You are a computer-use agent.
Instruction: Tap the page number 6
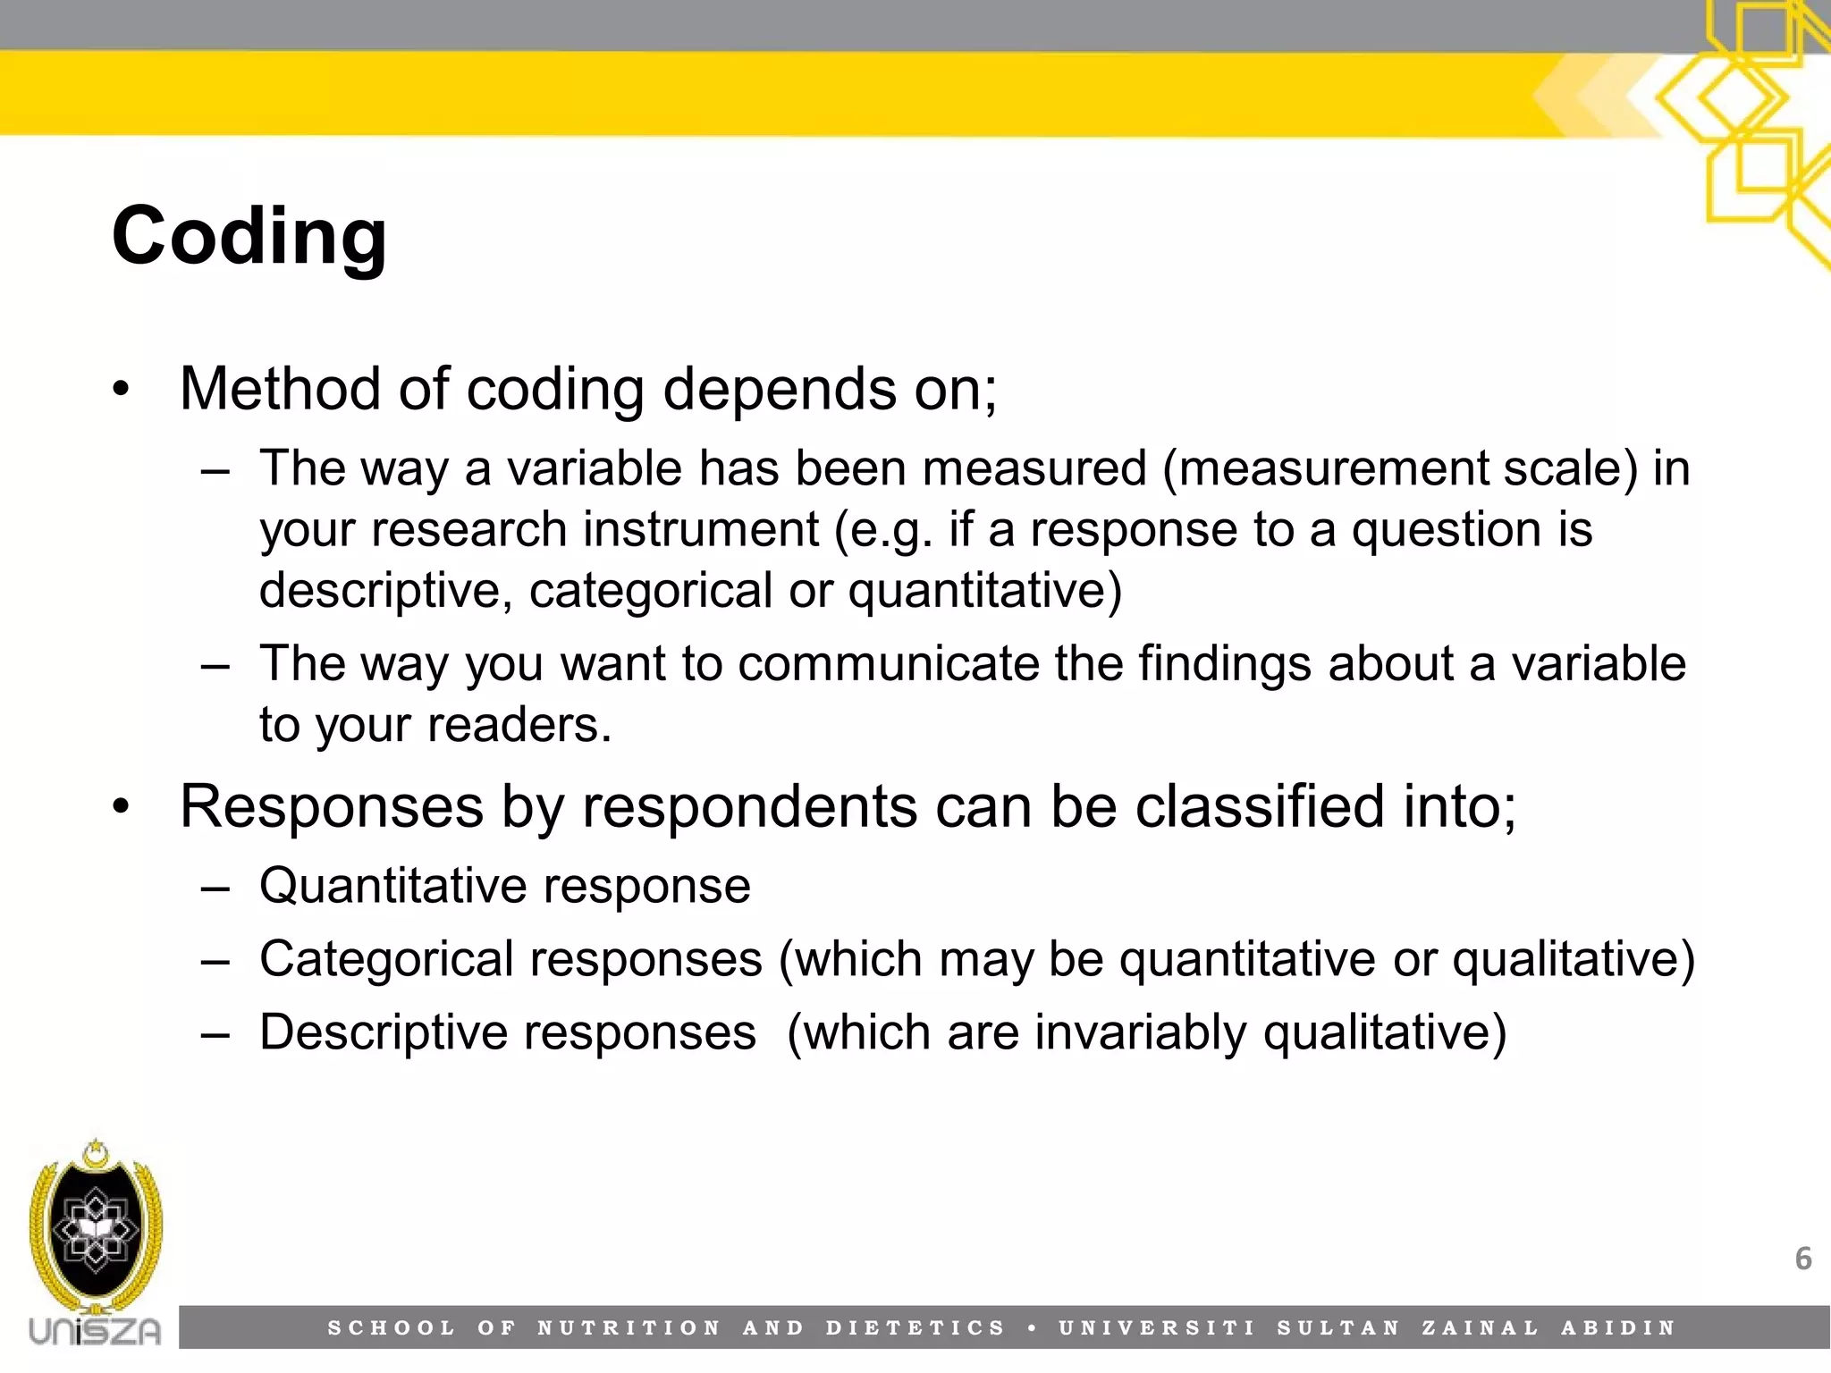point(1803,1259)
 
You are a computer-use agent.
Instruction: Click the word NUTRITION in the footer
point(629,1328)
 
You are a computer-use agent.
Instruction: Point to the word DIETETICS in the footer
point(915,1328)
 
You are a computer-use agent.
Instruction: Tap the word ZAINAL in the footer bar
point(1481,1328)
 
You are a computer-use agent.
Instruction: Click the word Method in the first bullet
point(281,390)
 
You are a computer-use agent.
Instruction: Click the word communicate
point(889,663)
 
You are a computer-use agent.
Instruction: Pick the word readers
point(519,724)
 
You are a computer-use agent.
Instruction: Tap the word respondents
point(749,806)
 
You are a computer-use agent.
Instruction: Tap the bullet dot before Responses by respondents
point(122,807)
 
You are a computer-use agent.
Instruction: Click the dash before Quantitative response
point(215,889)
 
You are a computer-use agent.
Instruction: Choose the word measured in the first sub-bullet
point(1034,468)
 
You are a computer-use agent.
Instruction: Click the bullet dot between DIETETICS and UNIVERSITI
point(1033,1328)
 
